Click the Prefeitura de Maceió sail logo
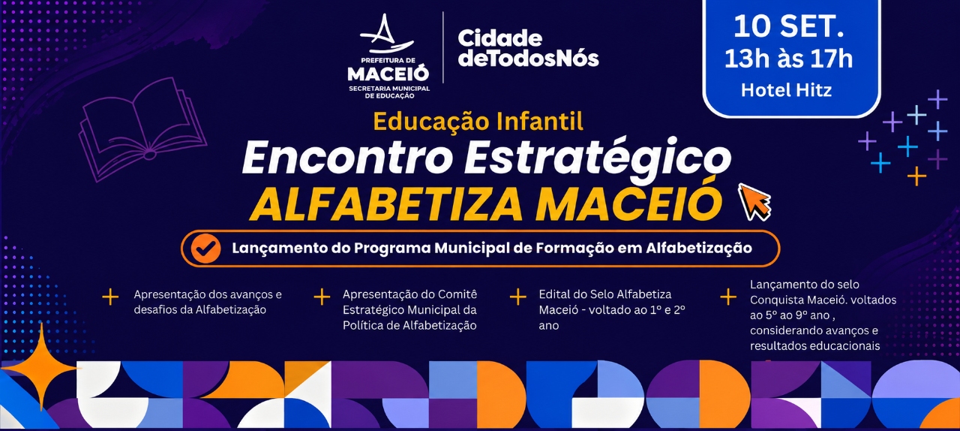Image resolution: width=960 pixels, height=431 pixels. point(386,35)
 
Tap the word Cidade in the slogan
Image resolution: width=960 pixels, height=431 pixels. point(500,39)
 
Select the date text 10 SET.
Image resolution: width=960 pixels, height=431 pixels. point(788,26)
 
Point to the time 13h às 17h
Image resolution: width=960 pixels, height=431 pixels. point(788,59)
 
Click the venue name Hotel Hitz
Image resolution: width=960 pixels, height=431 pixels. point(787,90)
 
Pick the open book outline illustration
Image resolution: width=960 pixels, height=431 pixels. point(142,129)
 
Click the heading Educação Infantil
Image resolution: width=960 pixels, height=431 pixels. point(478,121)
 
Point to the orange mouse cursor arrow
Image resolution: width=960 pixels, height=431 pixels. point(754,202)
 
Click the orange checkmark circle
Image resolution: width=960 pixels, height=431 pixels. point(205,248)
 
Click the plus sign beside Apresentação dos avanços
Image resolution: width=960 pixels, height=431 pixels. point(110,297)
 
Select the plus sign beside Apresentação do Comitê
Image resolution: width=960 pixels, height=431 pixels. point(322,297)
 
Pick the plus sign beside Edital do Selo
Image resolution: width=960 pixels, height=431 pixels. point(517,297)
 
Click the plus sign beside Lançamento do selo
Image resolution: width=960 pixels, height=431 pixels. point(728,297)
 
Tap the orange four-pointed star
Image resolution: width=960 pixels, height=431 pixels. point(41,367)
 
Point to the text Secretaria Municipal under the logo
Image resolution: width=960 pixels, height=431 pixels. point(389,89)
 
